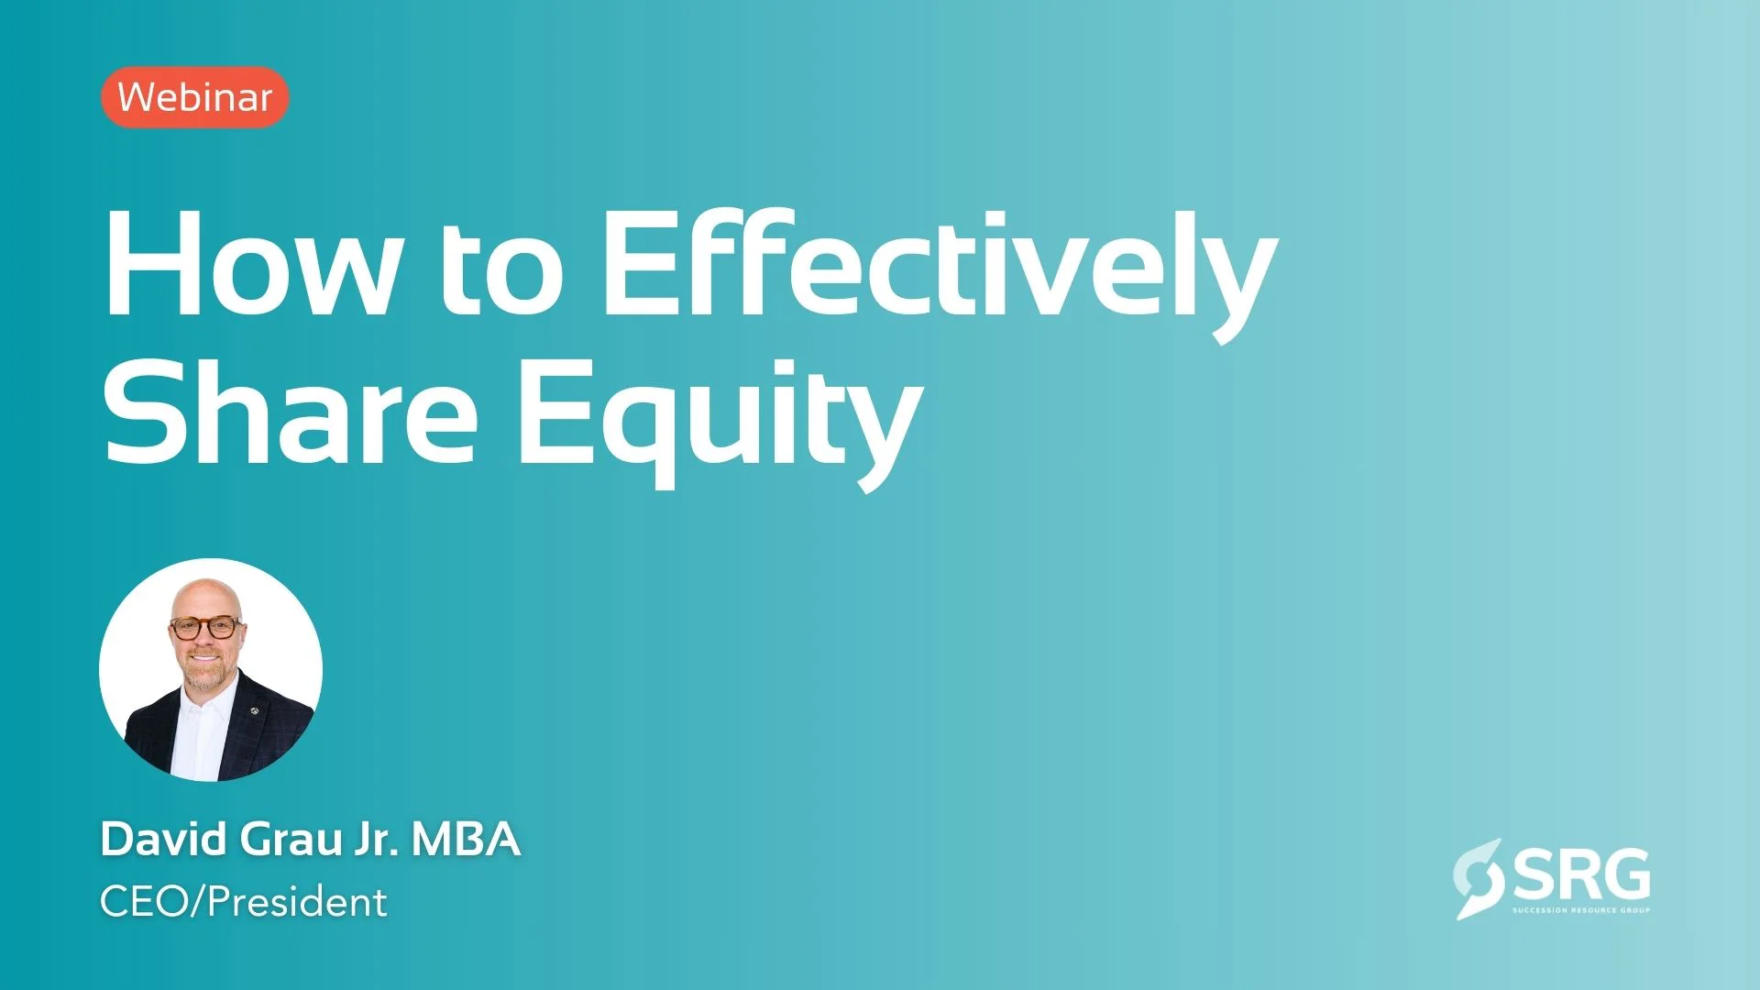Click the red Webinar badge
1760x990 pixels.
pos(195,97)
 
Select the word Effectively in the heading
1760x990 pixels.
pos(940,275)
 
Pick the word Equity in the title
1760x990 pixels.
pos(720,422)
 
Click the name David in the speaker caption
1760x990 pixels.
pos(164,839)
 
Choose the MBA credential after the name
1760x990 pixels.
pos(466,839)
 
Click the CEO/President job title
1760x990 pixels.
pos(244,902)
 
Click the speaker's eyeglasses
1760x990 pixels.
pos(205,628)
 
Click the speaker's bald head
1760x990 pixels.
pos(206,596)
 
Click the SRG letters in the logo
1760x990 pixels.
pos(1581,874)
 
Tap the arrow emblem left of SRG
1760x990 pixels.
pos(1478,878)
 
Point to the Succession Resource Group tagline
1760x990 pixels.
pos(1581,910)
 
